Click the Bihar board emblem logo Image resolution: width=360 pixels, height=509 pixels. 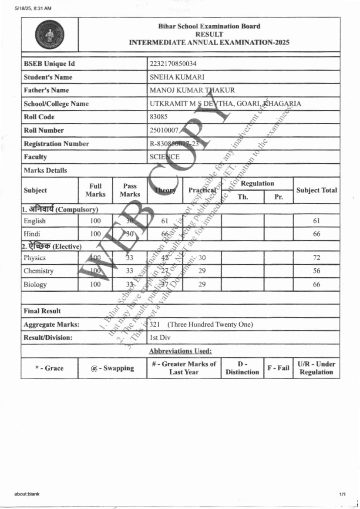click(x=49, y=34)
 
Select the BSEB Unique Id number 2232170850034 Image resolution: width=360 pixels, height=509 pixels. click(x=173, y=64)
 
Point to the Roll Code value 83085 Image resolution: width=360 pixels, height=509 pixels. click(x=158, y=117)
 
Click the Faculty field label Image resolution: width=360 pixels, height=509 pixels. click(x=35, y=157)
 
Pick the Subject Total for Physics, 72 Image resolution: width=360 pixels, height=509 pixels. click(x=316, y=258)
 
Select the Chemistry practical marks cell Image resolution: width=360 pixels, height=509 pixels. click(x=202, y=271)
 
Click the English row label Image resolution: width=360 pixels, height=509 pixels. click(x=35, y=221)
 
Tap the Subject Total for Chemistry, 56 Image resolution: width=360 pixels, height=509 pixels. click(x=316, y=271)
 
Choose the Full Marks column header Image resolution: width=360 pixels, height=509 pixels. click(x=95, y=190)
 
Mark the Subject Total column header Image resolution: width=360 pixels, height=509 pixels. click(x=316, y=190)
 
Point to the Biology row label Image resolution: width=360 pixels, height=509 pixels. click(x=35, y=284)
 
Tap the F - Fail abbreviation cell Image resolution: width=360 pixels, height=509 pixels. click(x=278, y=368)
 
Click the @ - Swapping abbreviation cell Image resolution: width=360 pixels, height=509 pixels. click(x=112, y=368)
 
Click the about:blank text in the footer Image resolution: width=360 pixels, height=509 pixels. click(x=27, y=494)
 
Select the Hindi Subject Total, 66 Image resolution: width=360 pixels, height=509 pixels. click(x=316, y=234)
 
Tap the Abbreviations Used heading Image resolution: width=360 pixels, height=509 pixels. click(x=180, y=351)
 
